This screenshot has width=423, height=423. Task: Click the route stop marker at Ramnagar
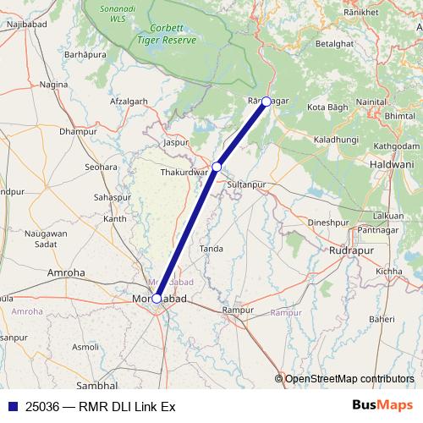(x=266, y=102)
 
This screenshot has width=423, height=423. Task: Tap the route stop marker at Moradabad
(x=157, y=298)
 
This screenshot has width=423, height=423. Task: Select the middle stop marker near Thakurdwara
(x=217, y=167)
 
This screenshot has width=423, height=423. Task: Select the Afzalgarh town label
(x=129, y=102)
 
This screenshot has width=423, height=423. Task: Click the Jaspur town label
(x=176, y=143)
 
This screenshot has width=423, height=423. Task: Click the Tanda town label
(x=211, y=249)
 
